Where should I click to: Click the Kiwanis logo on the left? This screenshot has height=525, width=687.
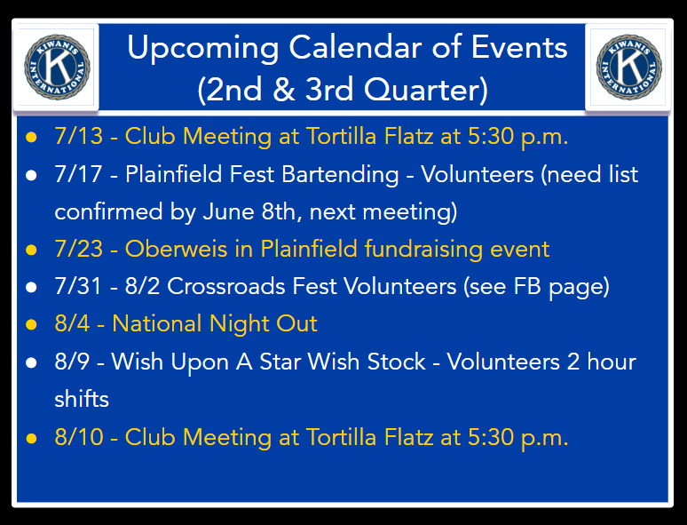57,68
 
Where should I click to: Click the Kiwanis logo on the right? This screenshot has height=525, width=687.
629,68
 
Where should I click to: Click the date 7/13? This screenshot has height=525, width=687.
79,136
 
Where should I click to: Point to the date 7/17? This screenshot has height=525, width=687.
79,174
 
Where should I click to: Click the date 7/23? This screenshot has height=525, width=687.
79,249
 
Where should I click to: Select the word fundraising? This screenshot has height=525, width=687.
423,250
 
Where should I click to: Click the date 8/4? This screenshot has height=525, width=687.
72,324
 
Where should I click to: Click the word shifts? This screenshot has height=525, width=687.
82,399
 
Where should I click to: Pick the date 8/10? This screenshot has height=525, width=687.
79,438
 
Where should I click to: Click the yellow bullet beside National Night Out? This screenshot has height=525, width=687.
31,325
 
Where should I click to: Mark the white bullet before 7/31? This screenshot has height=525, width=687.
31,287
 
